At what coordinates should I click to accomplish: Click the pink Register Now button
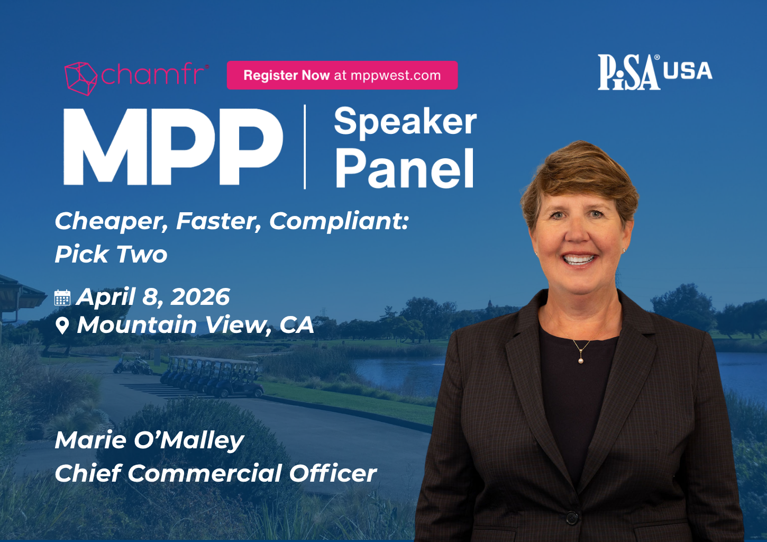click(342, 75)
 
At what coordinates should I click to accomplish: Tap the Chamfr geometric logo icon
click(80, 78)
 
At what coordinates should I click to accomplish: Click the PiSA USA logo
click(654, 72)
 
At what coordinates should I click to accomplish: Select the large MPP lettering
click(173, 147)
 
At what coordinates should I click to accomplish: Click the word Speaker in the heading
click(405, 122)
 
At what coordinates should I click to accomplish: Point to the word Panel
click(405, 169)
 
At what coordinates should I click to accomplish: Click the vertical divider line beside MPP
click(305, 147)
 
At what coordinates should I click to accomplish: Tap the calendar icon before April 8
click(62, 297)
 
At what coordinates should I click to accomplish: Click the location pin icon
click(62, 326)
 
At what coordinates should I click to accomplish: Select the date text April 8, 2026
click(153, 297)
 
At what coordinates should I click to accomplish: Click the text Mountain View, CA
click(196, 325)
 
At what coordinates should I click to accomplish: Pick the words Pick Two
click(111, 255)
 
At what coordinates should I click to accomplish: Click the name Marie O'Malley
click(149, 440)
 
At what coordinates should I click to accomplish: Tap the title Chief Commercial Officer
click(216, 473)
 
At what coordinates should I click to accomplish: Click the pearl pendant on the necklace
click(581, 360)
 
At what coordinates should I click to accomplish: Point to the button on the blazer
click(572, 517)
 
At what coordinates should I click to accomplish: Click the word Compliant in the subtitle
click(339, 221)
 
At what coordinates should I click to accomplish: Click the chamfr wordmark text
click(154, 75)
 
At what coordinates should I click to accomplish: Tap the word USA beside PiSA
click(688, 71)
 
